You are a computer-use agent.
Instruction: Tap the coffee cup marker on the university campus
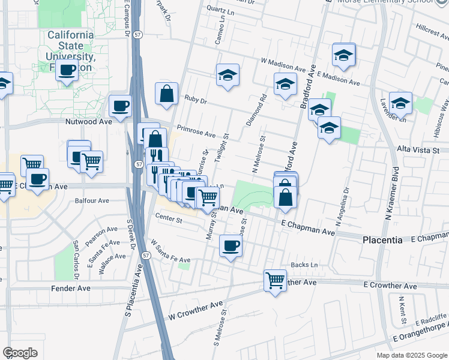(x=68, y=70)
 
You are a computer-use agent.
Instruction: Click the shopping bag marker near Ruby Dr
(x=166, y=94)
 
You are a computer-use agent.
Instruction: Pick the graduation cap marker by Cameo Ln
(x=228, y=75)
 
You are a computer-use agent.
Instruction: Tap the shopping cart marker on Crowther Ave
(x=275, y=280)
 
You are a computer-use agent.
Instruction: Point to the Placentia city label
(x=383, y=239)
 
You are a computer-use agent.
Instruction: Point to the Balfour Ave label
(x=91, y=201)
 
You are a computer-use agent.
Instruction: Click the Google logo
(x=20, y=353)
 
